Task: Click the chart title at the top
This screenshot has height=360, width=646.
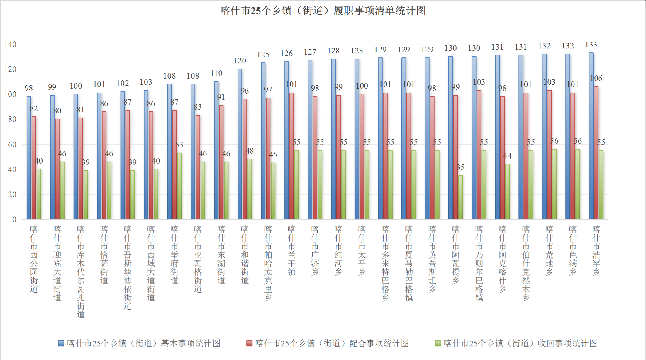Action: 323,11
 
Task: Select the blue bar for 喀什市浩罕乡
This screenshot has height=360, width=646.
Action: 591,136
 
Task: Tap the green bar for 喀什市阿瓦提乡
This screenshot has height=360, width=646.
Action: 461,197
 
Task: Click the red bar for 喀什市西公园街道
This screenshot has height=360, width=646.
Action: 34,168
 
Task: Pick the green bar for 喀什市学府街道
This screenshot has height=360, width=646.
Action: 179,186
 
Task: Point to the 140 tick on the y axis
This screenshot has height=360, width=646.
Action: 10,44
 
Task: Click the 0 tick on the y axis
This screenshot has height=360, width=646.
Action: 14,219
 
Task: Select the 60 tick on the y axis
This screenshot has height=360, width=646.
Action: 12,144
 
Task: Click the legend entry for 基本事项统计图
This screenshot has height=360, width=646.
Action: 139,343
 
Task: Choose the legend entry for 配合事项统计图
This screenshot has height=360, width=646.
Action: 328,343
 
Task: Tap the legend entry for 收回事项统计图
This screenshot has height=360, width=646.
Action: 516,343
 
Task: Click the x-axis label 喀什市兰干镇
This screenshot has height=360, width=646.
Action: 291,251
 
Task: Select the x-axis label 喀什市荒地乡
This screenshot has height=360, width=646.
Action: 549,251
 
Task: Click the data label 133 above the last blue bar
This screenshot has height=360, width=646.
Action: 591,45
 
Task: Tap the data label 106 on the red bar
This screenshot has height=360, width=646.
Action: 596,78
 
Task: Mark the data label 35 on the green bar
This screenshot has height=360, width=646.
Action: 460,167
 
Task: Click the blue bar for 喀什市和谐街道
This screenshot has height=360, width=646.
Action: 240,144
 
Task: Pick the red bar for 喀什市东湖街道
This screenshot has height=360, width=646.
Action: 221,162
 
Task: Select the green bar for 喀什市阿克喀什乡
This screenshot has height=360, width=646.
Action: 507,192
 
